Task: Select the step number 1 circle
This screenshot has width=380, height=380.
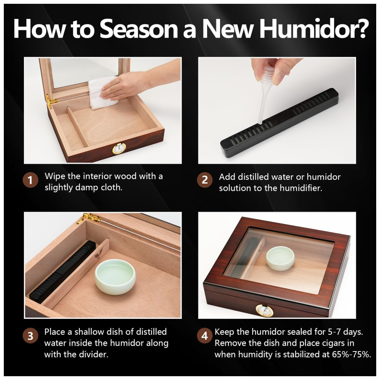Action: pyautogui.click(x=30, y=180)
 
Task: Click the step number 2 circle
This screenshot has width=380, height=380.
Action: pyautogui.click(x=205, y=180)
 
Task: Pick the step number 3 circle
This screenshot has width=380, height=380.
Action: pyautogui.click(x=30, y=336)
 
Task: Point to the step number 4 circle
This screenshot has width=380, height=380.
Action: pyautogui.click(x=205, y=336)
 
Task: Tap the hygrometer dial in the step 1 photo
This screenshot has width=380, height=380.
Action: pyautogui.click(x=119, y=149)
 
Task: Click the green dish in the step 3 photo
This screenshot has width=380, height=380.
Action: pyautogui.click(x=115, y=276)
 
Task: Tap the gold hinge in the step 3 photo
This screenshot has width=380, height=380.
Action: pyautogui.click(x=90, y=218)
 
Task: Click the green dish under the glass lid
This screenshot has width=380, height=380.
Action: pyautogui.click(x=280, y=258)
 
